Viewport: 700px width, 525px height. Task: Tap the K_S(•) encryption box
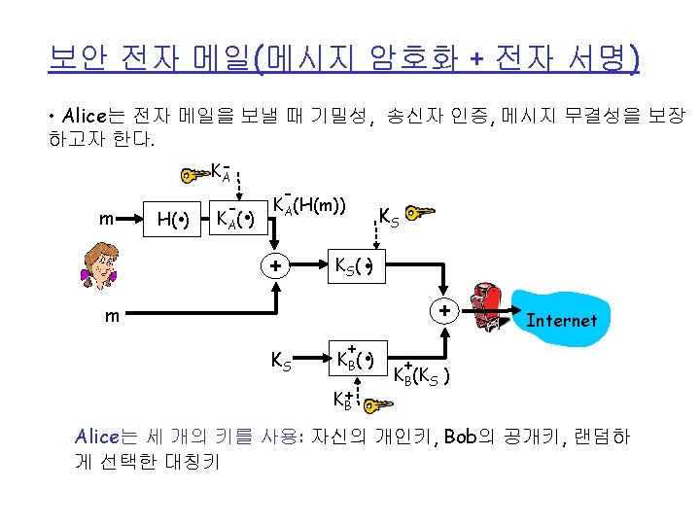coord(355,265)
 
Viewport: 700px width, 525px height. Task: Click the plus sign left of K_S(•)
coord(276,265)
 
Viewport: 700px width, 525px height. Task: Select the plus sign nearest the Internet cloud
coord(444,312)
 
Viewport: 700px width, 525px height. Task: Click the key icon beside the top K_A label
coord(195,175)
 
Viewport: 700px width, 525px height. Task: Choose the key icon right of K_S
coord(420,212)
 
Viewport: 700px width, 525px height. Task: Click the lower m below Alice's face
coord(113,316)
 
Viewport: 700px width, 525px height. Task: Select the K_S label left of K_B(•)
coord(280,362)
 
